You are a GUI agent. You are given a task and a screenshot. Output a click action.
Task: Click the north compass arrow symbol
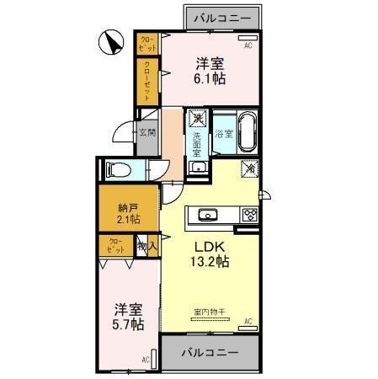108,43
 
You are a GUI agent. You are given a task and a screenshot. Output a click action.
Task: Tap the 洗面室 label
197,139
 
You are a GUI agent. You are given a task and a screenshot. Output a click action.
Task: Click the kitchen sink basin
208,214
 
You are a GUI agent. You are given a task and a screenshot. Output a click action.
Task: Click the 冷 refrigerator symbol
249,168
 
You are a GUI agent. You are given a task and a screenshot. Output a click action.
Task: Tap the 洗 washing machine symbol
197,118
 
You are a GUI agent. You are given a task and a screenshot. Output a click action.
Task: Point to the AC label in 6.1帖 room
248,46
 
